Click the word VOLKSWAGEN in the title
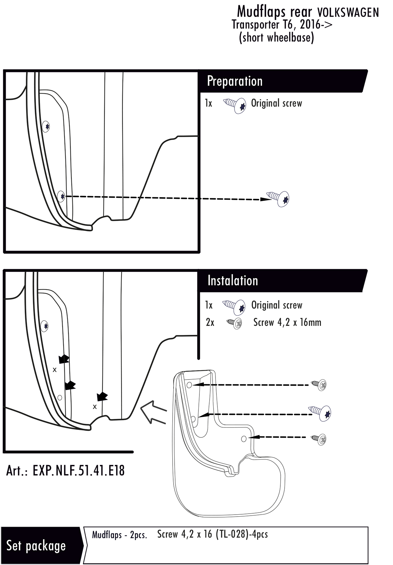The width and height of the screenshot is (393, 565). pyautogui.click(x=348, y=13)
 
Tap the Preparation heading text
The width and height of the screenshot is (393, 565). pyautogui.click(x=234, y=81)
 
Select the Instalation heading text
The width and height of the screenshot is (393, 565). pyautogui.click(x=233, y=281)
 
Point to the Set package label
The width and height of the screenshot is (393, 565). pyautogui.click(x=36, y=545)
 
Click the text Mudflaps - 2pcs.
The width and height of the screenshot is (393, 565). pyautogui.click(x=119, y=535)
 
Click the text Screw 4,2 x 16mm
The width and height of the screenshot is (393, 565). pyautogui.click(x=287, y=322)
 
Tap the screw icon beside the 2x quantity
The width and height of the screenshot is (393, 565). pyautogui.click(x=234, y=324)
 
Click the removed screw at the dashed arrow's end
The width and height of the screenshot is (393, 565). pyautogui.click(x=279, y=198)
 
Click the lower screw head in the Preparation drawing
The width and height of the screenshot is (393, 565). pyautogui.click(x=61, y=196)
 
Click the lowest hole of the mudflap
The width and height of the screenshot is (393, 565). pyautogui.click(x=243, y=438)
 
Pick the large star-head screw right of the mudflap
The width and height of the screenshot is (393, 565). pyautogui.click(x=321, y=413)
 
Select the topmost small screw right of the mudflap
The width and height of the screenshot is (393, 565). pyautogui.click(x=319, y=385)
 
